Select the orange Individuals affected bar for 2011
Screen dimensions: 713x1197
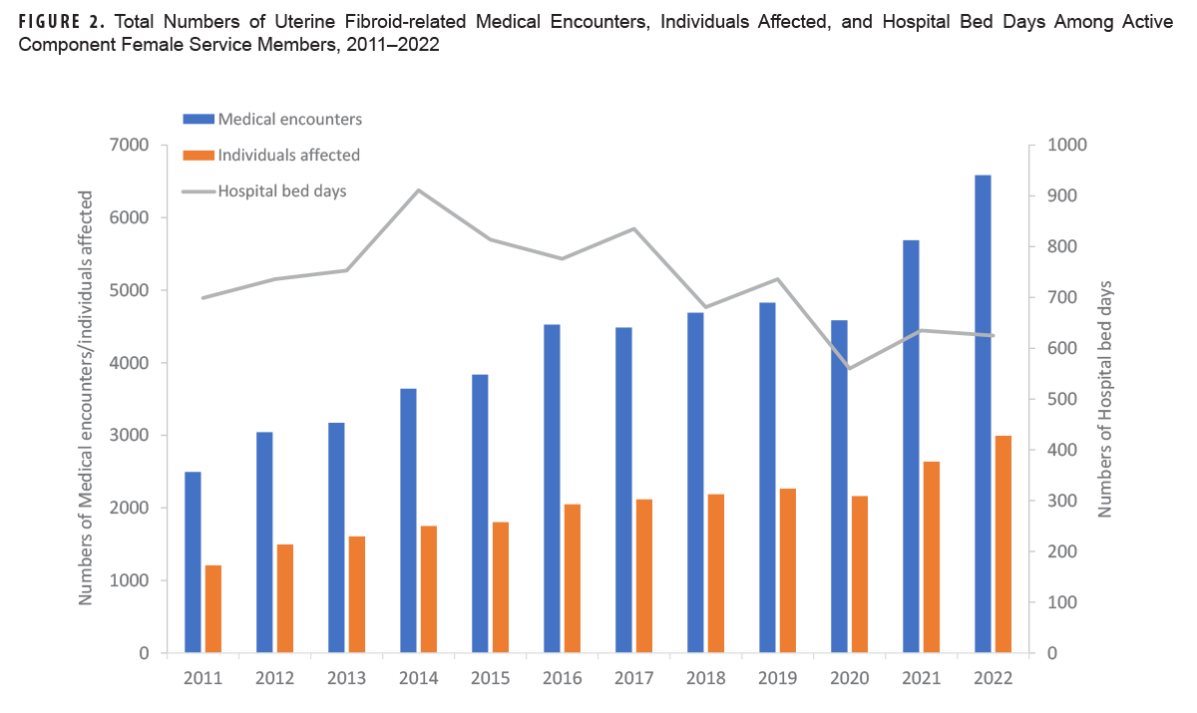[213, 609]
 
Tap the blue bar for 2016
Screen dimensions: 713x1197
[552, 489]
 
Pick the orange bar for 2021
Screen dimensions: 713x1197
[932, 557]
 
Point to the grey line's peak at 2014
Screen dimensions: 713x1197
[419, 190]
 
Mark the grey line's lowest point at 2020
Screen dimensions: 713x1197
[850, 368]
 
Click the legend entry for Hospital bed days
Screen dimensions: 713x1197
[281, 191]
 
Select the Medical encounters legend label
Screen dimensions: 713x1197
[289, 119]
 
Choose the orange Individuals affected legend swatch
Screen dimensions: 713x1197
[198, 156]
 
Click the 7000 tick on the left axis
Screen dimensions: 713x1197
[129, 146]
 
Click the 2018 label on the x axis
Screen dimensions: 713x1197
[706, 677]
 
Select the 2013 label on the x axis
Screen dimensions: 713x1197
[347, 677]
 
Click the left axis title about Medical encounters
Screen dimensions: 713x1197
[87, 399]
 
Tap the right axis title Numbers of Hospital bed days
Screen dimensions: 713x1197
[1105, 399]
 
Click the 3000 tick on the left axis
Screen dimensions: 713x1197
[129, 436]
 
